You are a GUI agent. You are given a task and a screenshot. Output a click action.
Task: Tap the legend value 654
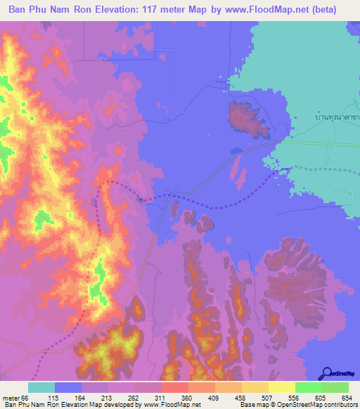click(347, 398)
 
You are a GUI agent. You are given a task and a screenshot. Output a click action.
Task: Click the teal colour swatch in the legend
click(41, 387)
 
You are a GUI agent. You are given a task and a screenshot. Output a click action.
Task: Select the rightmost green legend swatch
click(335, 387)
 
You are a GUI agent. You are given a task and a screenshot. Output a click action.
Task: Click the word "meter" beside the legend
click(10, 398)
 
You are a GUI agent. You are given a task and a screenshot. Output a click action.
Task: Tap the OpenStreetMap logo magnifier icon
click(327, 373)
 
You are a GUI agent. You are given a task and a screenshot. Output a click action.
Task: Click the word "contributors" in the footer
click(337, 405)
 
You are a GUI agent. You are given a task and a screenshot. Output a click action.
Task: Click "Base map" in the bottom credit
click(252, 405)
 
